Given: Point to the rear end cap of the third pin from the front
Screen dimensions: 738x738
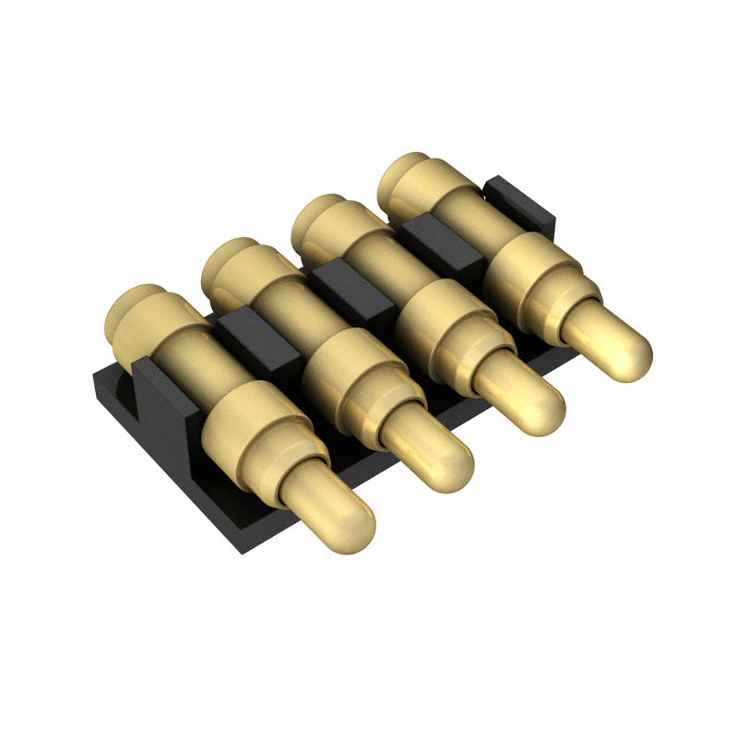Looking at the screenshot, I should pos(319,218).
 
